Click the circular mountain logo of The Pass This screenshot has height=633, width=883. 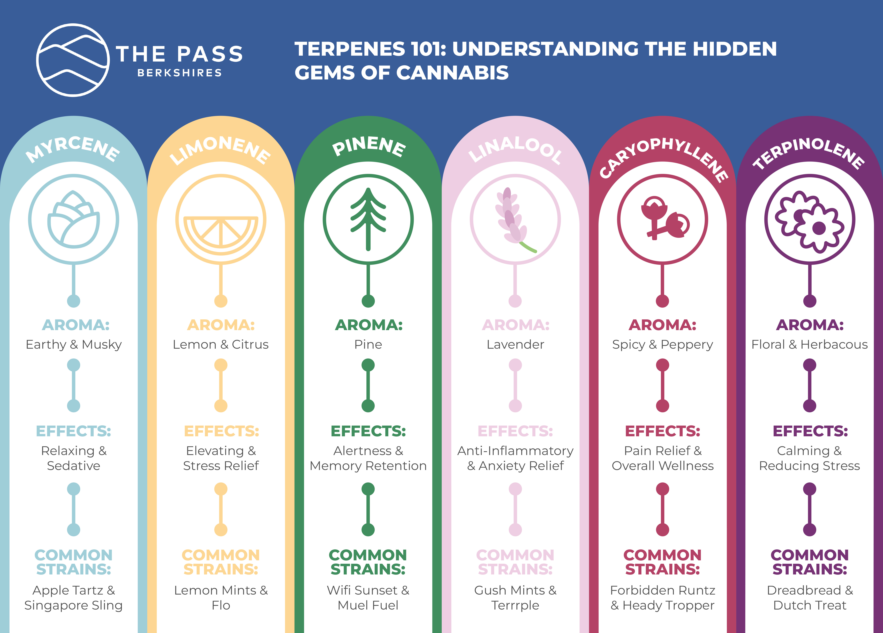click(x=73, y=60)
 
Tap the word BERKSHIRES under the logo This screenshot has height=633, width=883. click(x=179, y=73)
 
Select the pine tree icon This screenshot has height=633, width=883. click(x=368, y=219)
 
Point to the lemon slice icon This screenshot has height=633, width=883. click(x=221, y=232)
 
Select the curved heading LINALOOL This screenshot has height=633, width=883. click(x=515, y=150)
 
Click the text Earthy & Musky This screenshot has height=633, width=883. click(x=74, y=345)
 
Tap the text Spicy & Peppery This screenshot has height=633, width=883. click(x=663, y=345)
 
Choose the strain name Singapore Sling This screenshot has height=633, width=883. click(x=74, y=605)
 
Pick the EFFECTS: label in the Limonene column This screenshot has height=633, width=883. click(x=221, y=431)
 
